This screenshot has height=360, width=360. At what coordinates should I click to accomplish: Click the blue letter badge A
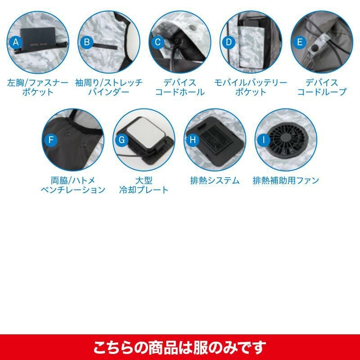pos(16,42)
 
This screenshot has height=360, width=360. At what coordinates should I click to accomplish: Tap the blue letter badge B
pos(87,42)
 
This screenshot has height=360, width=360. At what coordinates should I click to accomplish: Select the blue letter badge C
pos(158,42)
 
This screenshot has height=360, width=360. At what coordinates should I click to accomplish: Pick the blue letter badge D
pos(229,42)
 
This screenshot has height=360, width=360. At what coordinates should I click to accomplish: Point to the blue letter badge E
pos(300,42)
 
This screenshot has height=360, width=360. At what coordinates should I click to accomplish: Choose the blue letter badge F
pos(51,139)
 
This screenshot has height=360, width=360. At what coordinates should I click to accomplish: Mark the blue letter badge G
pos(122,139)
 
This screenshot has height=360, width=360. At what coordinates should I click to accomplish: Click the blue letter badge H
pos(193,139)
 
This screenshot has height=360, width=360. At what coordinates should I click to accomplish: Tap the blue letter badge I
pos(264,139)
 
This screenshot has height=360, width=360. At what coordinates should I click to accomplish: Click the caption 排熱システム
pos(215,180)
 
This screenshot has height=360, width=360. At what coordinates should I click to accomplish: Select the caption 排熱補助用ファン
pos(286,180)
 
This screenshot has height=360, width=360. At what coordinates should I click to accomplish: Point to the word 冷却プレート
pos(144,190)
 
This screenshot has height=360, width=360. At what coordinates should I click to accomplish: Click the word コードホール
pos(180,92)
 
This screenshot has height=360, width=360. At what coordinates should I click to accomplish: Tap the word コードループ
pos(322,92)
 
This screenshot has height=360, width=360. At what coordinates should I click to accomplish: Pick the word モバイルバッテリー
pos(251,83)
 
